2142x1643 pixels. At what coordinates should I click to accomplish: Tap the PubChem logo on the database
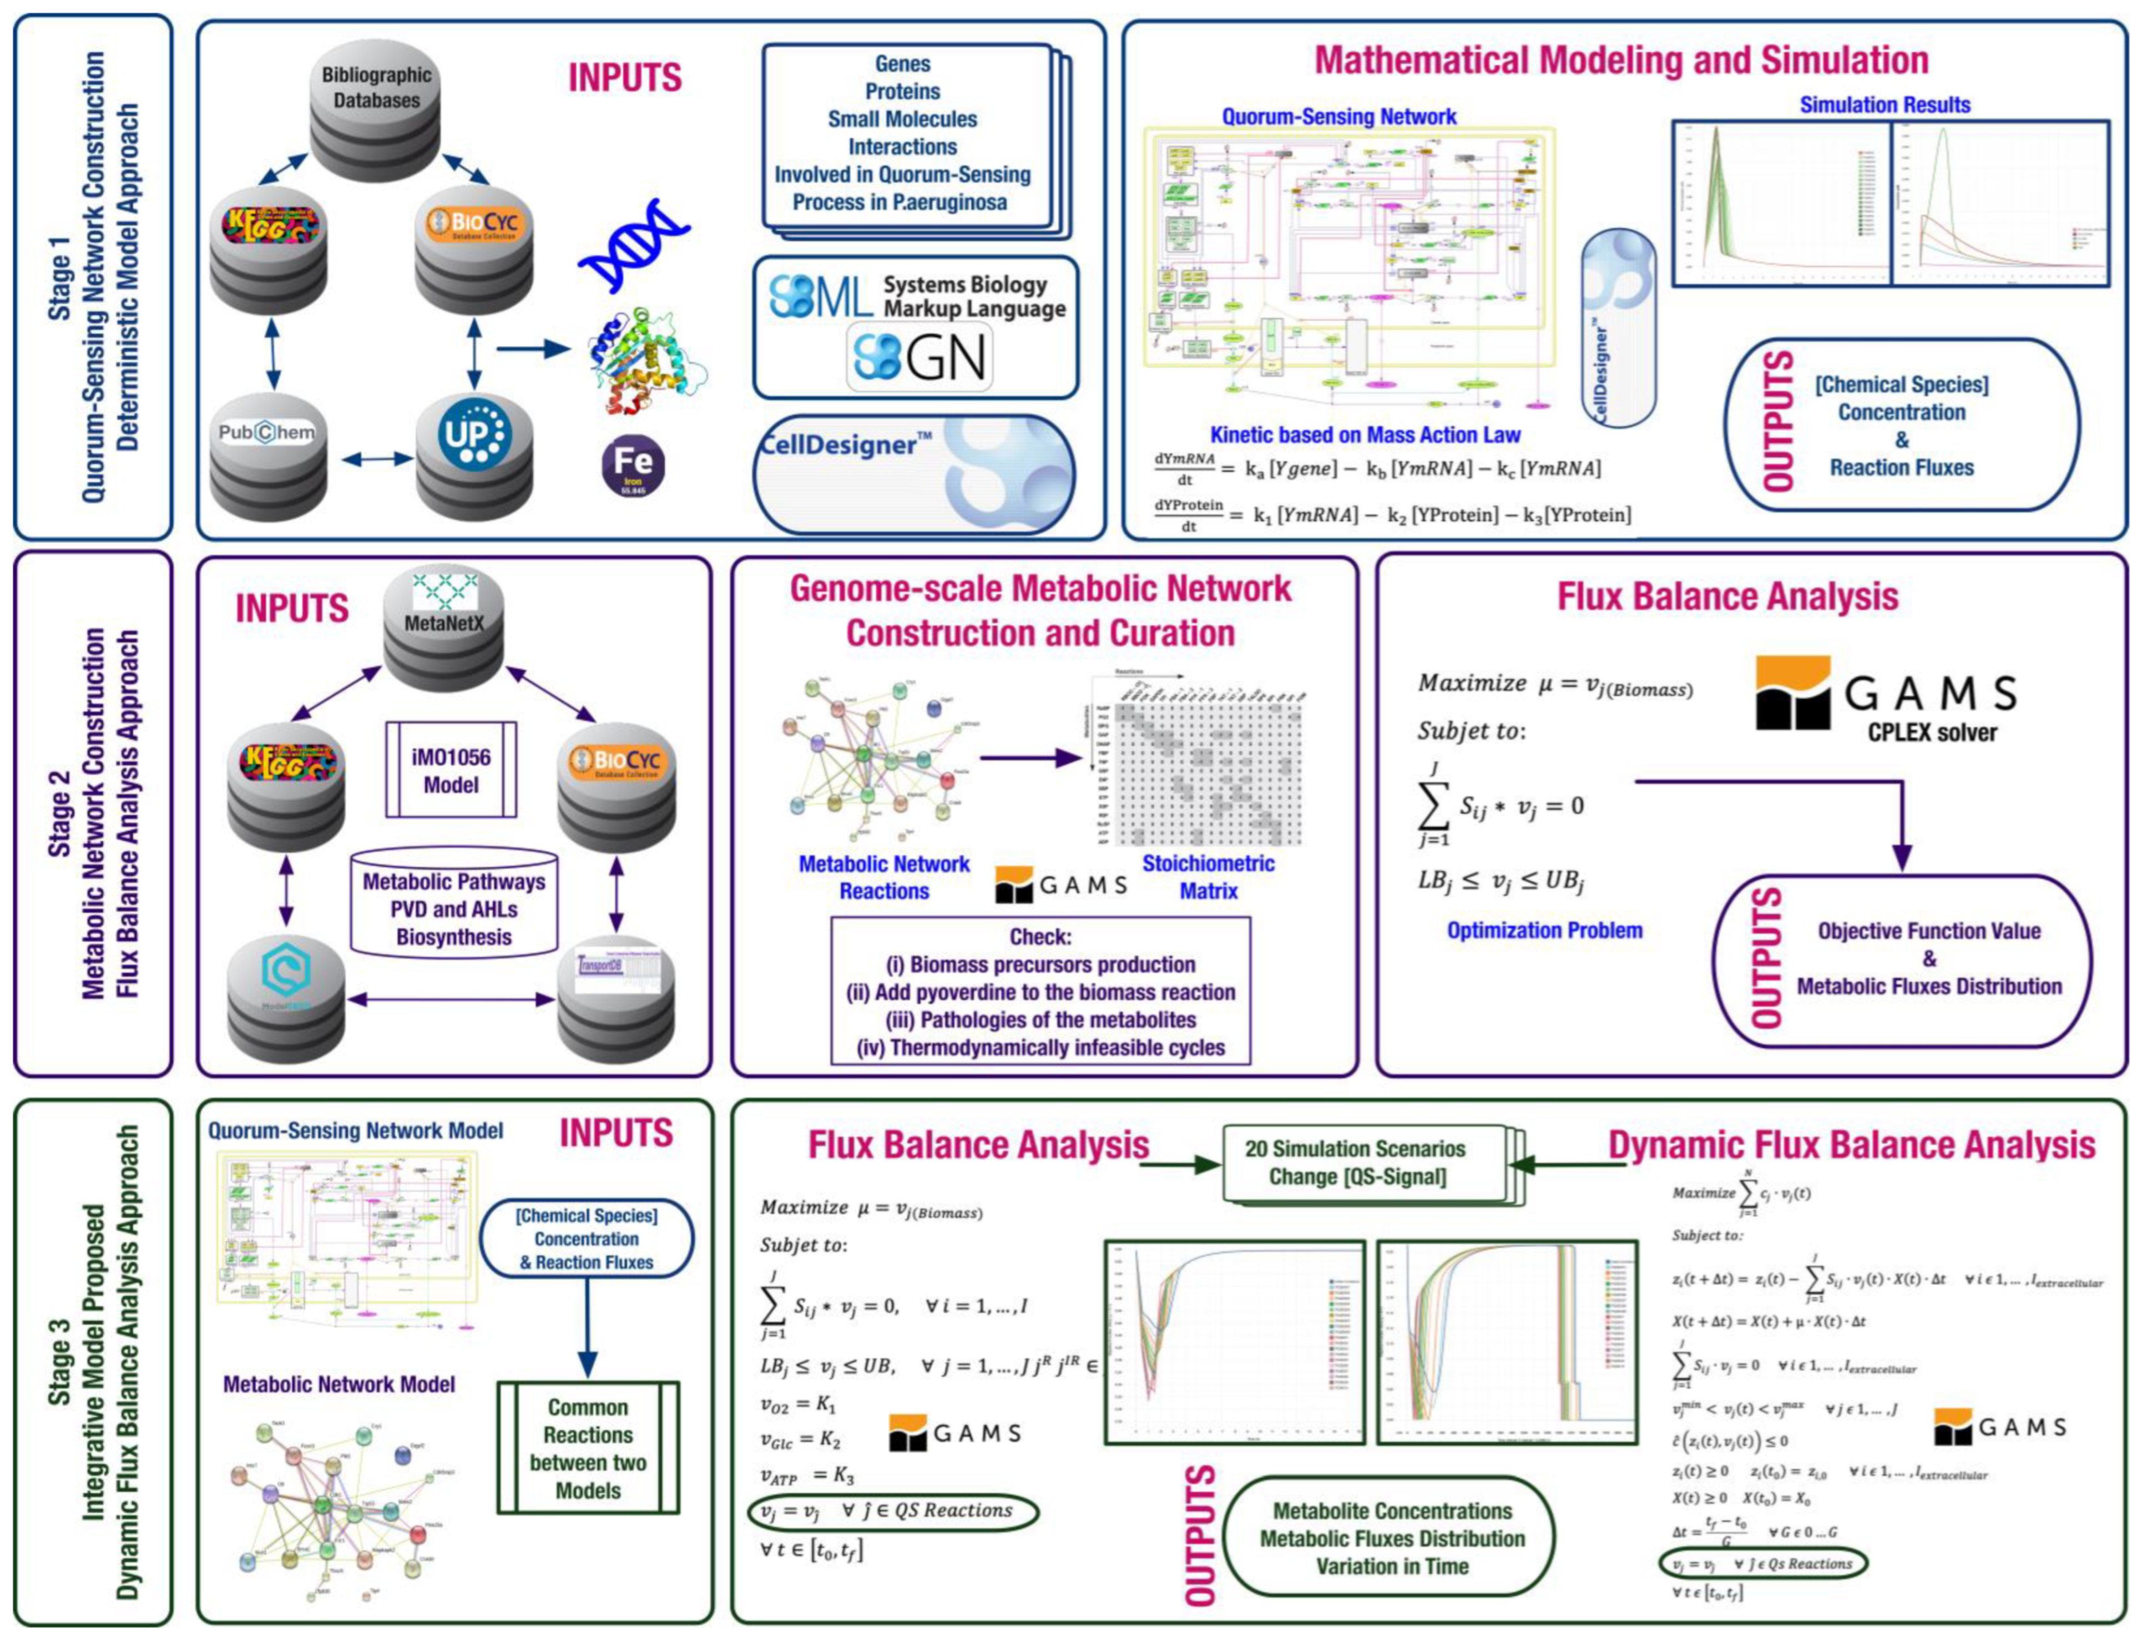tap(266, 432)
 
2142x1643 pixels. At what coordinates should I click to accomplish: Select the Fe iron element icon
tap(633, 467)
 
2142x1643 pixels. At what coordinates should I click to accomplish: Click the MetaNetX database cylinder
tap(443, 626)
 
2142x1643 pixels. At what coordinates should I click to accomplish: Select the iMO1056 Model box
tap(451, 771)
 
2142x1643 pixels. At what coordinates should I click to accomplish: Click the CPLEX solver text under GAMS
tap(1932, 731)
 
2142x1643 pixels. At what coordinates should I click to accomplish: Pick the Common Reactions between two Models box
tap(588, 1447)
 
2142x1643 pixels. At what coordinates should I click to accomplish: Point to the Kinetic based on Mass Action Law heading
tap(1366, 435)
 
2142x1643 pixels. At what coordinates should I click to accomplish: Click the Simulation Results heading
tap(1884, 105)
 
